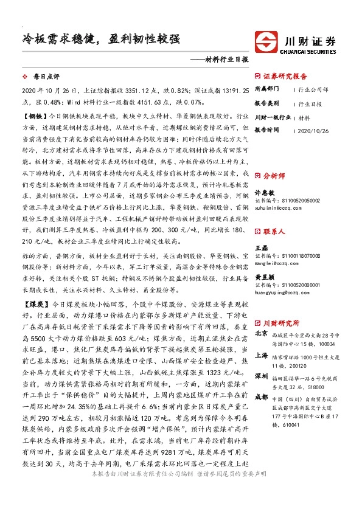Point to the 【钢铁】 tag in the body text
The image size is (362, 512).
point(33,114)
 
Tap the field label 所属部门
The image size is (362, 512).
point(266,90)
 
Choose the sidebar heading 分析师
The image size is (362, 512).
point(274,174)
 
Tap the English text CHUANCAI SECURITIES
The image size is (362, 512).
point(310,52)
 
